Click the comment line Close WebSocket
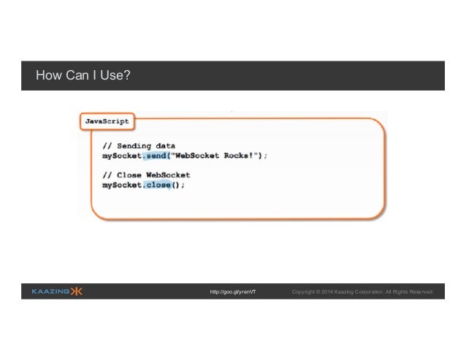click(147, 175)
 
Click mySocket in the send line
click(122, 156)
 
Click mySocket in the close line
click(122, 185)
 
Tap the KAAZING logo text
click(50, 292)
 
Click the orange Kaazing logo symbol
click(77, 292)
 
